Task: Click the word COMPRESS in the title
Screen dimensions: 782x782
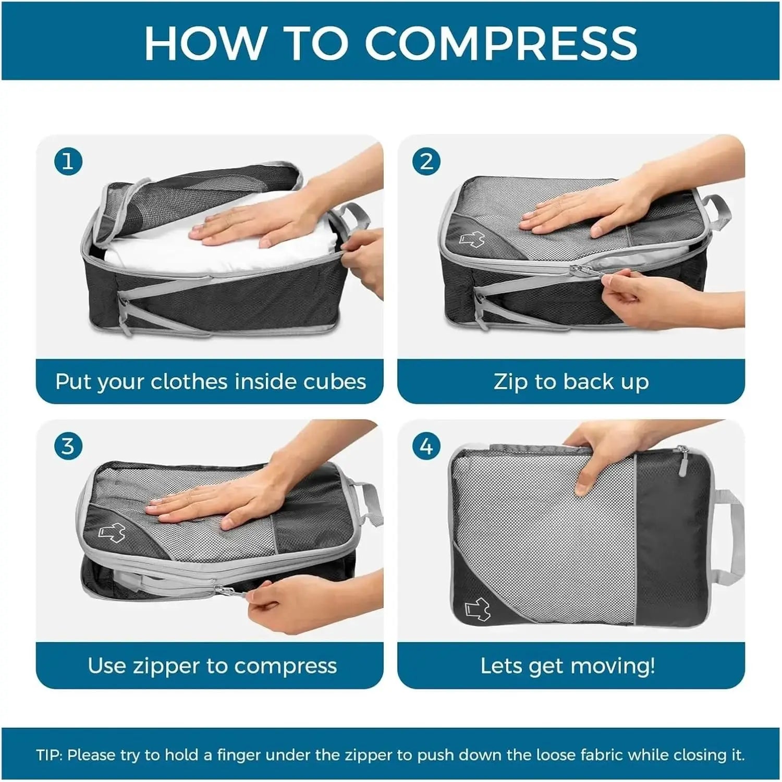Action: (x=500, y=42)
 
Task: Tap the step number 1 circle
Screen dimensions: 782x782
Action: (x=68, y=162)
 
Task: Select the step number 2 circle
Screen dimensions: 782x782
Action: (x=426, y=162)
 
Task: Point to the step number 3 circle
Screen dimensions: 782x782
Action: (x=68, y=447)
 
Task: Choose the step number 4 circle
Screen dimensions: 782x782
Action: (x=426, y=447)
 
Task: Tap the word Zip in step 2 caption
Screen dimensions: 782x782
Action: (x=511, y=382)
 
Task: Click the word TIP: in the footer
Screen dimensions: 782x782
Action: (x=50, y=755)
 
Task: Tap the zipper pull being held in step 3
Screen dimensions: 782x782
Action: (x=232, y=590)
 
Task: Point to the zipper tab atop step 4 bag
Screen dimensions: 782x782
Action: (x=682, y=459)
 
